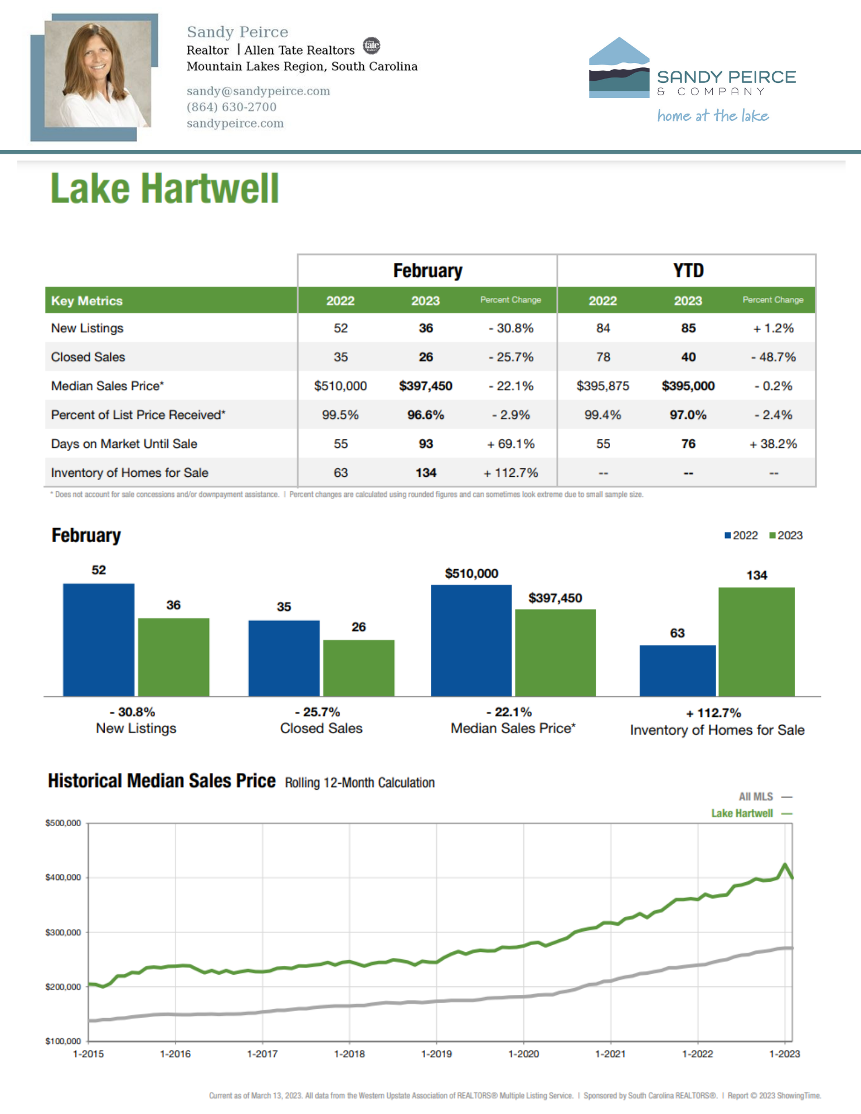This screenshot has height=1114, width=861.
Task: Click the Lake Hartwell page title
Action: tap(164, 188)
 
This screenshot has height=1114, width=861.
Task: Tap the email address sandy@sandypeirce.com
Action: tap(258, 91)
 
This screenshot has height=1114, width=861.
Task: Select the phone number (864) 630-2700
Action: tap(231, 107)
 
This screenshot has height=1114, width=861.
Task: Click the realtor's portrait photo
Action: tap(98, 74)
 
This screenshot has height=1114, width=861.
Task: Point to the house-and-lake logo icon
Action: tap(619, 68)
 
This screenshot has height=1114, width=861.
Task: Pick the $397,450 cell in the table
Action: tap(425, 386)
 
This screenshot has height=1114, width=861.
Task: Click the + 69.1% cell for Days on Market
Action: tap(510, 444)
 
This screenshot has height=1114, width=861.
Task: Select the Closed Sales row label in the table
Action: tap(88, 357)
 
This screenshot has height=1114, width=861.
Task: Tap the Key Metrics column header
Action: tap(87, 301)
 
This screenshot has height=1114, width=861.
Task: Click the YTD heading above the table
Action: tap(688, 271)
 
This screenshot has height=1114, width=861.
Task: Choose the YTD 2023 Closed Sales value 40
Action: tap(688, 357)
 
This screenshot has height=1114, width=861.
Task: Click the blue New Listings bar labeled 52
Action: tap(99, 639)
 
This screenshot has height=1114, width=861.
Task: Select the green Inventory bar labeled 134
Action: tap(756, 642)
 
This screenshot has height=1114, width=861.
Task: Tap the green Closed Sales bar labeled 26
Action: tap(358, 668)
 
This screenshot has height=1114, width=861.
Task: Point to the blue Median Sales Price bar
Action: tap(471, 640)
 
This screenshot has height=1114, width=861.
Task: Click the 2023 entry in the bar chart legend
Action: tap(786, 535)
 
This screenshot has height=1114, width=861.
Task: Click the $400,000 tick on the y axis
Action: tap(63, 877)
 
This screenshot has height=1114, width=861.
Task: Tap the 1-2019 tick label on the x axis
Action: tap(436, 1054)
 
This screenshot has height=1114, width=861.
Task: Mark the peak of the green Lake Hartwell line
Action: tap(785, 864)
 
